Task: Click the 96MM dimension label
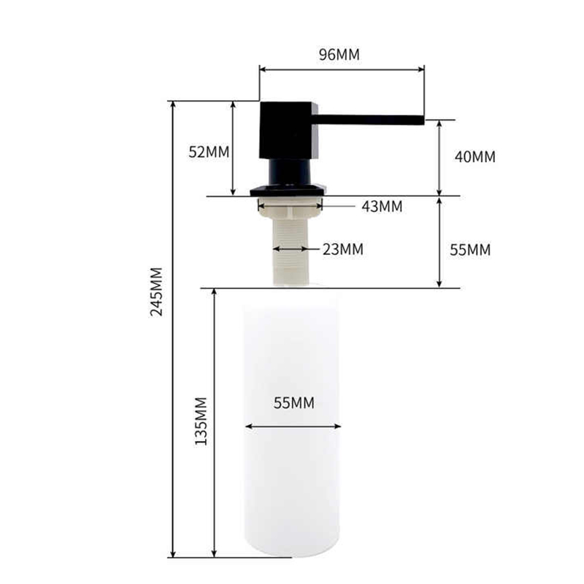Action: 339,54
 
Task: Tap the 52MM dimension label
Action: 209,152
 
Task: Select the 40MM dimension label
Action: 475,156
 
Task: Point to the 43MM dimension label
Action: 382,207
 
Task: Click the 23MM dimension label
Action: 343,249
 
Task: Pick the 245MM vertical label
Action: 156,291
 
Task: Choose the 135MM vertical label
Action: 201,421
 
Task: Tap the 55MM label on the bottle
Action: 294,403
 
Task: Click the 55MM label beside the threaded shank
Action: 470,250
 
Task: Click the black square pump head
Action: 289,131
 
